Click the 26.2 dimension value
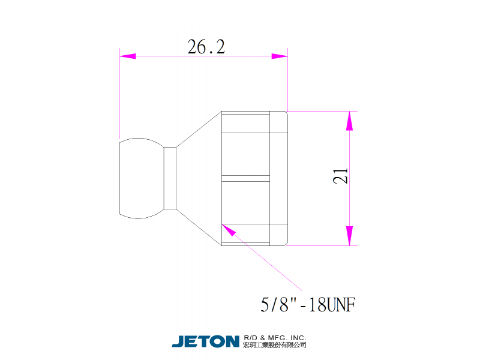pos(206,47)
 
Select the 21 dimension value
pos(340,175)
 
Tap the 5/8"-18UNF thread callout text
pos(308,305)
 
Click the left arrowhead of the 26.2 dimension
pos(128,56)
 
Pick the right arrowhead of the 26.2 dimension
pos(280,56)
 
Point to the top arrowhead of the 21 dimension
pos(350,121)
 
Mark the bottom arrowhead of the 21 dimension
pos(350,236)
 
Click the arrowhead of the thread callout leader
pos(229,230)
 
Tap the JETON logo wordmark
pos(205,341)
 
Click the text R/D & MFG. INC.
pos(275,338)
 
